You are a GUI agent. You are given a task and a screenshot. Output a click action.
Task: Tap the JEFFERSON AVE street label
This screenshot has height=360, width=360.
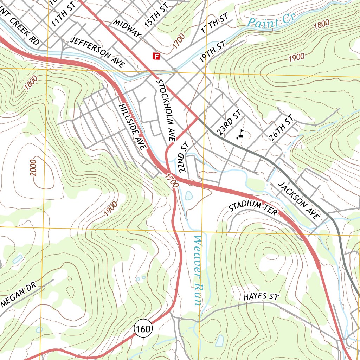[x=97, y=52]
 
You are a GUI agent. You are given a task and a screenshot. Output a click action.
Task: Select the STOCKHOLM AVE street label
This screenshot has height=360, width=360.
[x=165, y=110]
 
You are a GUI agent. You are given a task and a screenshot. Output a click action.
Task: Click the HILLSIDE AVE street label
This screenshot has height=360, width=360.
[x=132, y=127]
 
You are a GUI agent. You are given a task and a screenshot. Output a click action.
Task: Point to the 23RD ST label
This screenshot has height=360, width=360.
[x=229, y=122]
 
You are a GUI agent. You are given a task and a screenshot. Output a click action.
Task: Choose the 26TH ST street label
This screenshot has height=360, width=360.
[x=281, y=128]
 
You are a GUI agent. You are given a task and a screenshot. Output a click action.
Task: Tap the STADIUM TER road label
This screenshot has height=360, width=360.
[x=253, y=207]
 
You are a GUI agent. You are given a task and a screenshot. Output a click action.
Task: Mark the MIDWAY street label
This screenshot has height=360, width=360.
[x=127, y=28]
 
